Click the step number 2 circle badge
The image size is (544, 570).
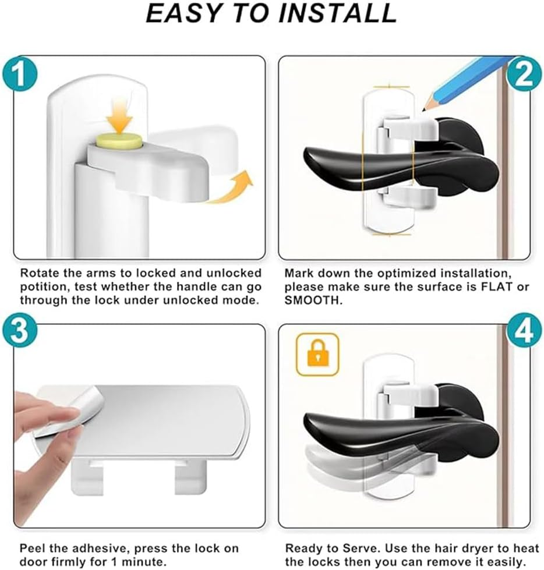[x=523, y=75]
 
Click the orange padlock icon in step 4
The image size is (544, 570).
[x=317, y=354]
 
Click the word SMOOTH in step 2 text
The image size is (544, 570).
[x=313, y=300]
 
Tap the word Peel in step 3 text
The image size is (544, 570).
[x=31, y=548]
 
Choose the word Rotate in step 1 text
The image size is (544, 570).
[x=38, y=273]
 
